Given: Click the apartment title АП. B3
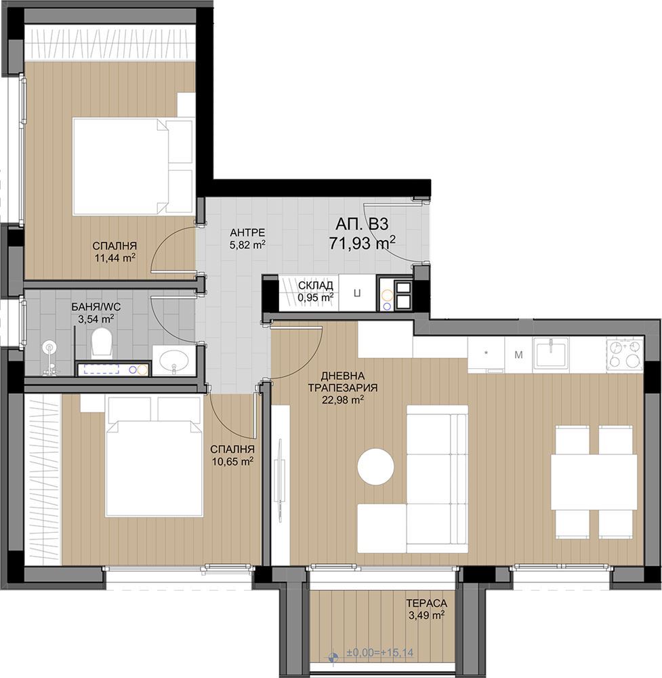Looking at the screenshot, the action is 362,224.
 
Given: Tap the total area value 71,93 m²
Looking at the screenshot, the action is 362,243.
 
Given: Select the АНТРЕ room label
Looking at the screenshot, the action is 247,233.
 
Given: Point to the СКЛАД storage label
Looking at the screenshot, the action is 316,285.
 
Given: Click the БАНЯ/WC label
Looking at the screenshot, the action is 96,307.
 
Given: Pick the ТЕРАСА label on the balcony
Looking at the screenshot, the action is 426,603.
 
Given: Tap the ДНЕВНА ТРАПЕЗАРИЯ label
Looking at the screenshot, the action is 343,382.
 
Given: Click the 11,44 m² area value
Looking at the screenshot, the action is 115,258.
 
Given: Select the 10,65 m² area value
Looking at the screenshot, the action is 232,461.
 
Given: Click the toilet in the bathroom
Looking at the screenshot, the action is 102,342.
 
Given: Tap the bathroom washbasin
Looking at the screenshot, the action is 173,360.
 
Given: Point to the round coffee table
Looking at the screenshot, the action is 376,467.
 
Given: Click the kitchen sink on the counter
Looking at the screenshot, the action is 552,353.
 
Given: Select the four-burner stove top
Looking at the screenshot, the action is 625,354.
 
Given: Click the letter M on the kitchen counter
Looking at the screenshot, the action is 518,355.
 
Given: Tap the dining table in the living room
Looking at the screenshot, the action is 594,482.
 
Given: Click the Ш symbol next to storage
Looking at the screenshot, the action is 357,293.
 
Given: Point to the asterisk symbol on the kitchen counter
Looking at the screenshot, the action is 486,353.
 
